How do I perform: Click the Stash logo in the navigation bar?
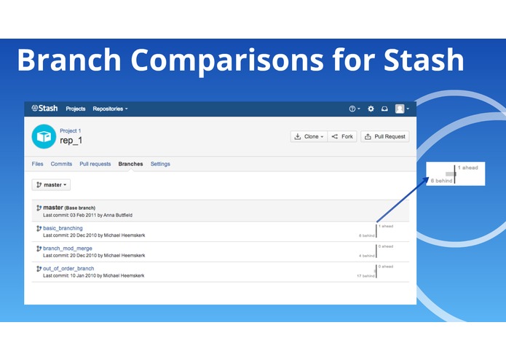coord(44,109)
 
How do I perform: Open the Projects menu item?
coord(75,109)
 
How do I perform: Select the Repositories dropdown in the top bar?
coord(110,109)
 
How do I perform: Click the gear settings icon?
coord(371,109)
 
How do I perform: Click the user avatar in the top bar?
coord(400,109)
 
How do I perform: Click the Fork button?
coord(342,136)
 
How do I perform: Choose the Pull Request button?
coord(385,136)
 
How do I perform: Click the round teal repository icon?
coord(43,136)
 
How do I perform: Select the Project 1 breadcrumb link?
coord(71,130)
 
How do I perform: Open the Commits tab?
coord(61,164)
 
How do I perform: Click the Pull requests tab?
coord(95,164)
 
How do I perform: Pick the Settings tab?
coord(160,164)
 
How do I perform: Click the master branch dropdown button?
coord(51,184)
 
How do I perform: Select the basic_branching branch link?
coord(63,228)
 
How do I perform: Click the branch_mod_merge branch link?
coord(67,249)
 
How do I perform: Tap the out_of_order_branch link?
coord(68,269)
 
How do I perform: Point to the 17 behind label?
coord(365,276)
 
